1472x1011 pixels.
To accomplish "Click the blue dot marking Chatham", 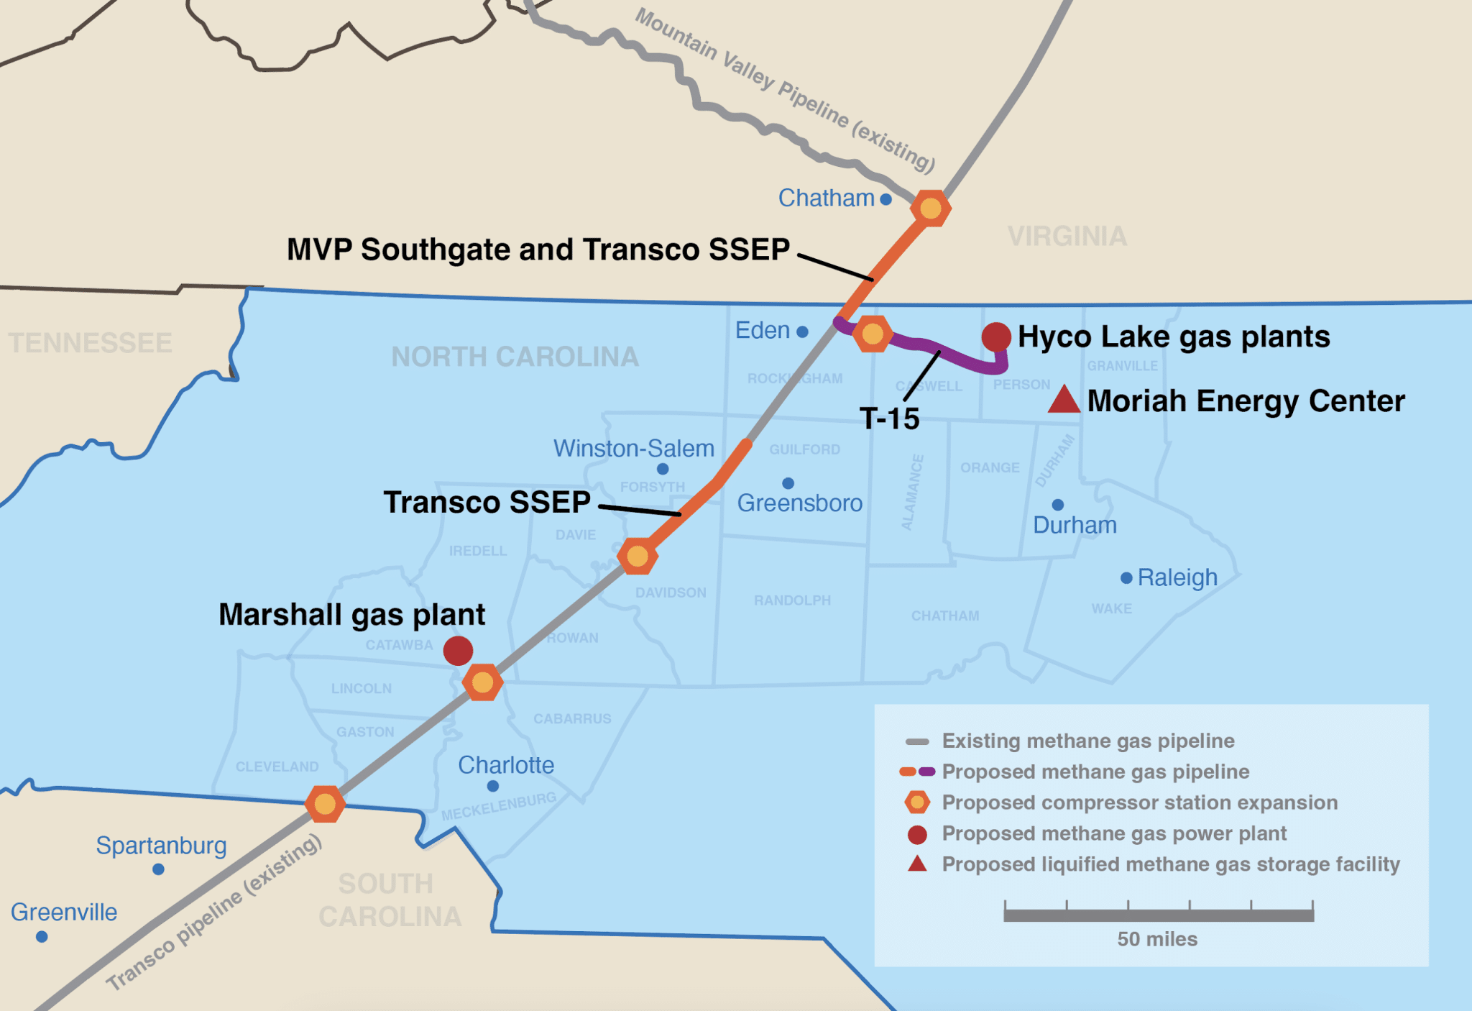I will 885,199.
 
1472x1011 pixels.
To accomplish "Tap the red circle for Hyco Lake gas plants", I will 996,337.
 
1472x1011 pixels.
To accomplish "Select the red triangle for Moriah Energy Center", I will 1064,401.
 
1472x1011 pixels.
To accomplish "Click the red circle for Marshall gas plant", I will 458,651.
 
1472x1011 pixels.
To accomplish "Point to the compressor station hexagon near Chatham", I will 931,209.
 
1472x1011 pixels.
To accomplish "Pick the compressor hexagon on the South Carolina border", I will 325,804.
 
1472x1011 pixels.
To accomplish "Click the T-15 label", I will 890,418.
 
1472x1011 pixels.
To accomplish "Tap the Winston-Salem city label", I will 633,449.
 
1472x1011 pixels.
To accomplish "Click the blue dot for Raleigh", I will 1126,578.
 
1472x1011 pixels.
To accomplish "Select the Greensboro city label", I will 799,503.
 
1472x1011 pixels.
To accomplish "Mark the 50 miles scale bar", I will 1158,915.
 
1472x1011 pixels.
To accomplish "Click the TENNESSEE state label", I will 91,343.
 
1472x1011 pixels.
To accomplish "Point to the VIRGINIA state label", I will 1067,237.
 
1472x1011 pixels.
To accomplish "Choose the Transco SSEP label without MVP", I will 487,502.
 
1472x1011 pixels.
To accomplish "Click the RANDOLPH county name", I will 792,600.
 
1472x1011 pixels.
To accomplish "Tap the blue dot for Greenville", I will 42,937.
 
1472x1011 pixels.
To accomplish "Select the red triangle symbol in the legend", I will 917,864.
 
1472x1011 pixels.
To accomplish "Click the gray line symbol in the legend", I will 917,741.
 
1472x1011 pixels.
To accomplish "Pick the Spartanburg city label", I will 161,846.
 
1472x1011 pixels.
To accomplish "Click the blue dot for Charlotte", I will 493,786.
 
